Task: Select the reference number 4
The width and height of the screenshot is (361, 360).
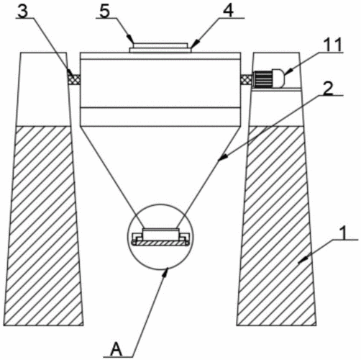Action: point(228,12)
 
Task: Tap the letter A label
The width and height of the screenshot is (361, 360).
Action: point(116,349)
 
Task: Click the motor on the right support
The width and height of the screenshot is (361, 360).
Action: point(268,78)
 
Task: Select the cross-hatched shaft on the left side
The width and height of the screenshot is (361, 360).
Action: point(74,79)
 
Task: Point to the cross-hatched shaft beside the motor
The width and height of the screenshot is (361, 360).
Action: point(246,79)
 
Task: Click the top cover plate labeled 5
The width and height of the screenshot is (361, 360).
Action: point(160,45)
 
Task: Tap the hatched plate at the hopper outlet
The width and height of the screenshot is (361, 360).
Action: point(160,243)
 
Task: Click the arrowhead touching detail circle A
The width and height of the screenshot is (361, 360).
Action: point(167,272)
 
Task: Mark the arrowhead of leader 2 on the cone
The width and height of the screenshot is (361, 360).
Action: point(222,157)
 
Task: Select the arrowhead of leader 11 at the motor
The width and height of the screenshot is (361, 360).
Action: point(289,71)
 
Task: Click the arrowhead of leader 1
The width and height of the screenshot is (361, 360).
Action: point(303,260)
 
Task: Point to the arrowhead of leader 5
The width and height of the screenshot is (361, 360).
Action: point(130,39)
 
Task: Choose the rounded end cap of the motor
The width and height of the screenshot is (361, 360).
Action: point(278,78)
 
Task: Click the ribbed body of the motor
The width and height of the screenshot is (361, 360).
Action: point(263,78)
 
